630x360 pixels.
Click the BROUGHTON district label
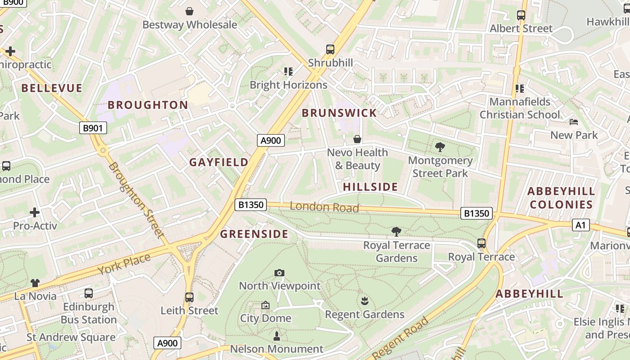[x=148, y=105]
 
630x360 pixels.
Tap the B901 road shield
[x=93, y=128]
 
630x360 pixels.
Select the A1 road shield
[x=580, y=225]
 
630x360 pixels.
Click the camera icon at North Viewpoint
[x=279, y=273]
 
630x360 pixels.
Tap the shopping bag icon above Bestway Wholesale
[x=189, y=11]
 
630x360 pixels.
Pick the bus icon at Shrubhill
[x=330, y=49]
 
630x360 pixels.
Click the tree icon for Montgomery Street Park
[x=440, y=147]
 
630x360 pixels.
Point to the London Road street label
[x=324, y=207]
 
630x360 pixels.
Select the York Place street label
[x=124, y=264]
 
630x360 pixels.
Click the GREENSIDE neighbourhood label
[x=254, y=234]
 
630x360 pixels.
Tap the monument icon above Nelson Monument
[x=277, y=336]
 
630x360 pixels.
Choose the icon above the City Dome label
[x=265, y=305]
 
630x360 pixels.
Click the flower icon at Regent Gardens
[x=364, y=301]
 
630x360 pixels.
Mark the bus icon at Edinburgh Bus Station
[x=89, y=293]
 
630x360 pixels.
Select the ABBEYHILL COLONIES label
[x=561, y=198]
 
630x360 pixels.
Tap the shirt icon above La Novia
[x=35, y=283]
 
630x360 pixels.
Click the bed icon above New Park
[x=574, y=122]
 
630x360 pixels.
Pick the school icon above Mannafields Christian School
[x=520, y=88]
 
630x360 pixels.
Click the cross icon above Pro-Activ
[x=35, y=212]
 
